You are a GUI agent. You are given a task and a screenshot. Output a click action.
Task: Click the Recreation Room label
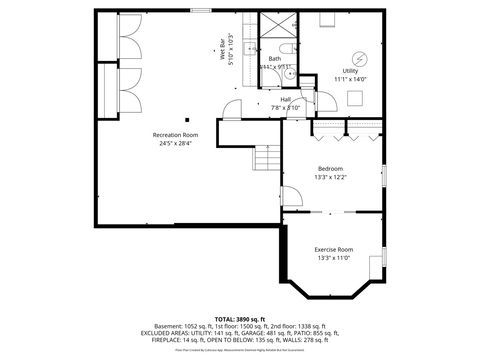point(175,134)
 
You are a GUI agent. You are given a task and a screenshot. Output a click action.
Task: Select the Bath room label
point(274,59)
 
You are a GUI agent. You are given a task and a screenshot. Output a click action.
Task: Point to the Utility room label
point(350,71)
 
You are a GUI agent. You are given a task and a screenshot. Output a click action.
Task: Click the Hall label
point(285,99)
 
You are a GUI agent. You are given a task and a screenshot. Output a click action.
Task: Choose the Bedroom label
point(330,168)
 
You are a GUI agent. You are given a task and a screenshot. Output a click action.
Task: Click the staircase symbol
point(267,158)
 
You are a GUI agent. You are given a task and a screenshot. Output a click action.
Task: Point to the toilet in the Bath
point(286,49)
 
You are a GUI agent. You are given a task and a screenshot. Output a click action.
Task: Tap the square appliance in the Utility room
point(354,98)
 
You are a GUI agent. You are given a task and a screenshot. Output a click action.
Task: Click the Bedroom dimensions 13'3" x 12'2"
point(330,177)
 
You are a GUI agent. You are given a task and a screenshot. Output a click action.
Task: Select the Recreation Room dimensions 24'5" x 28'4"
point(175,143)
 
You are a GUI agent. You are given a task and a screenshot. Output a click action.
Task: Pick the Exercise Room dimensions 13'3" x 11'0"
point(334,257)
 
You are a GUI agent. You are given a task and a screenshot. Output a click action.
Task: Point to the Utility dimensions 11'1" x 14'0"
point(350,79)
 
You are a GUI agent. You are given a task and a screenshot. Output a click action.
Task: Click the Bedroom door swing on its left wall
point(291,190)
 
